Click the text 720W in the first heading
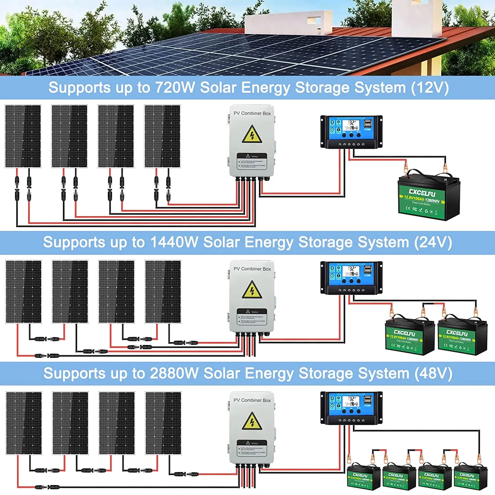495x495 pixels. tap(175, 88)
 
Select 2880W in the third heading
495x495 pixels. tap(174, 374)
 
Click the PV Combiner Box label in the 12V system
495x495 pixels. tap(252, 113)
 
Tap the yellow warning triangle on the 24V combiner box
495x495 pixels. tap(252, 290)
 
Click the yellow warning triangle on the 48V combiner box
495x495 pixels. tap(252, 421)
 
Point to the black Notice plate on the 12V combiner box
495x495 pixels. tap(252, 161)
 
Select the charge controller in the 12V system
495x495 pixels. tap(351, 132)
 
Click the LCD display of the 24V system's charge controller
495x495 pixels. tap(350, 271)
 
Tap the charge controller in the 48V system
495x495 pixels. tap(351, 408)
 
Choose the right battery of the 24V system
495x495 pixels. tap(462, 337)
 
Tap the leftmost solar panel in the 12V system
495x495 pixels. tap(23, 136)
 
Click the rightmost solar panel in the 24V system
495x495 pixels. tap(163, 292)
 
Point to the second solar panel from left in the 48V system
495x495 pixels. tap(70, 423)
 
